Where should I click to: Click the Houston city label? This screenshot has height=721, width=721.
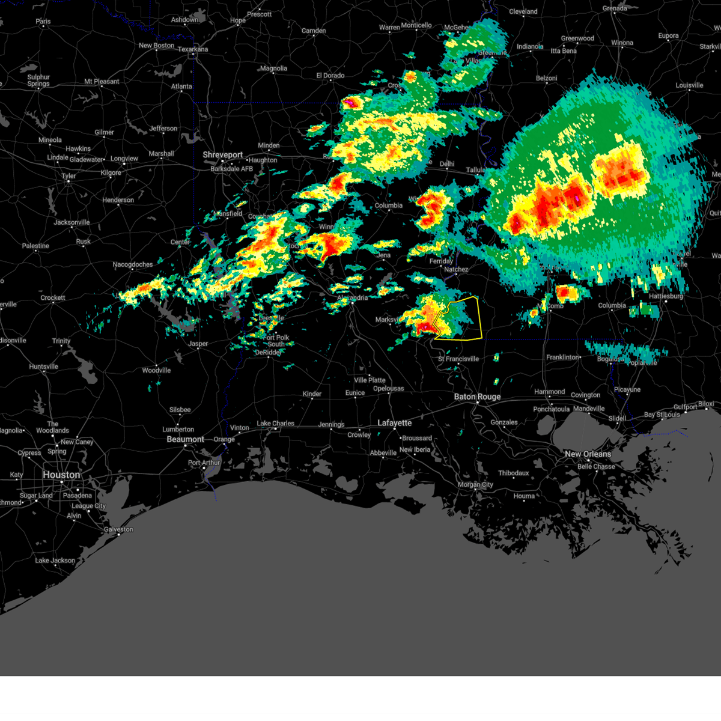61,475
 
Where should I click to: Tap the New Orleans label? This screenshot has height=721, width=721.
588,454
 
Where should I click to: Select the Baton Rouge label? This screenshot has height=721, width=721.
477,397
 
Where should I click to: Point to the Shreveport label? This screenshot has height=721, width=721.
222,154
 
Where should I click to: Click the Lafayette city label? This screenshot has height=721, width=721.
394,423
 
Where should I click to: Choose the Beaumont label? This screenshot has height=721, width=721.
185,439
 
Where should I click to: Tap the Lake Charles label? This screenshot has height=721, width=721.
275,423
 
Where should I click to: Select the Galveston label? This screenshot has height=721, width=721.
118,529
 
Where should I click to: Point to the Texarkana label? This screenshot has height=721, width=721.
193,49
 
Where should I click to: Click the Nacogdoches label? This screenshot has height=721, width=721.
133,264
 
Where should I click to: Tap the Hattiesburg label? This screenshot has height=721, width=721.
666,296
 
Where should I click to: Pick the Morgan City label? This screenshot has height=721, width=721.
475,484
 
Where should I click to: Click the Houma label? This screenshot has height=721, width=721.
524,496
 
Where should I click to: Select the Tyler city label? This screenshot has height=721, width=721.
68,176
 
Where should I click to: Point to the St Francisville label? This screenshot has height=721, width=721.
458,359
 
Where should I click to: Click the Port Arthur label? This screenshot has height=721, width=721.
204,463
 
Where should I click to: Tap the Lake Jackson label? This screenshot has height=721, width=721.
55,561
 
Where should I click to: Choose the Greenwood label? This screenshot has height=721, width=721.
577,38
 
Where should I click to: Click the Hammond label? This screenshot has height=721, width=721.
549,392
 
